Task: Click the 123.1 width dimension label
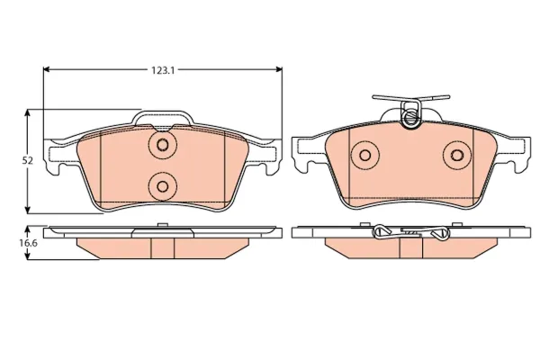coord(163,70)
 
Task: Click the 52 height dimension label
coord(27,160)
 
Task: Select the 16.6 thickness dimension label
coord(28,242)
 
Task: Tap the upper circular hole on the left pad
coord(163,145)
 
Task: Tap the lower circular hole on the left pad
coord(162,186)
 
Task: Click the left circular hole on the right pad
coord(365,156)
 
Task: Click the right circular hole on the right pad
coord(457,156)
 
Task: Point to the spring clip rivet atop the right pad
coord(410,117)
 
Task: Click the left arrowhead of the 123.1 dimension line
coord(47,69)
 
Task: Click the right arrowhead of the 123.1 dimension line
coord(278,69)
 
